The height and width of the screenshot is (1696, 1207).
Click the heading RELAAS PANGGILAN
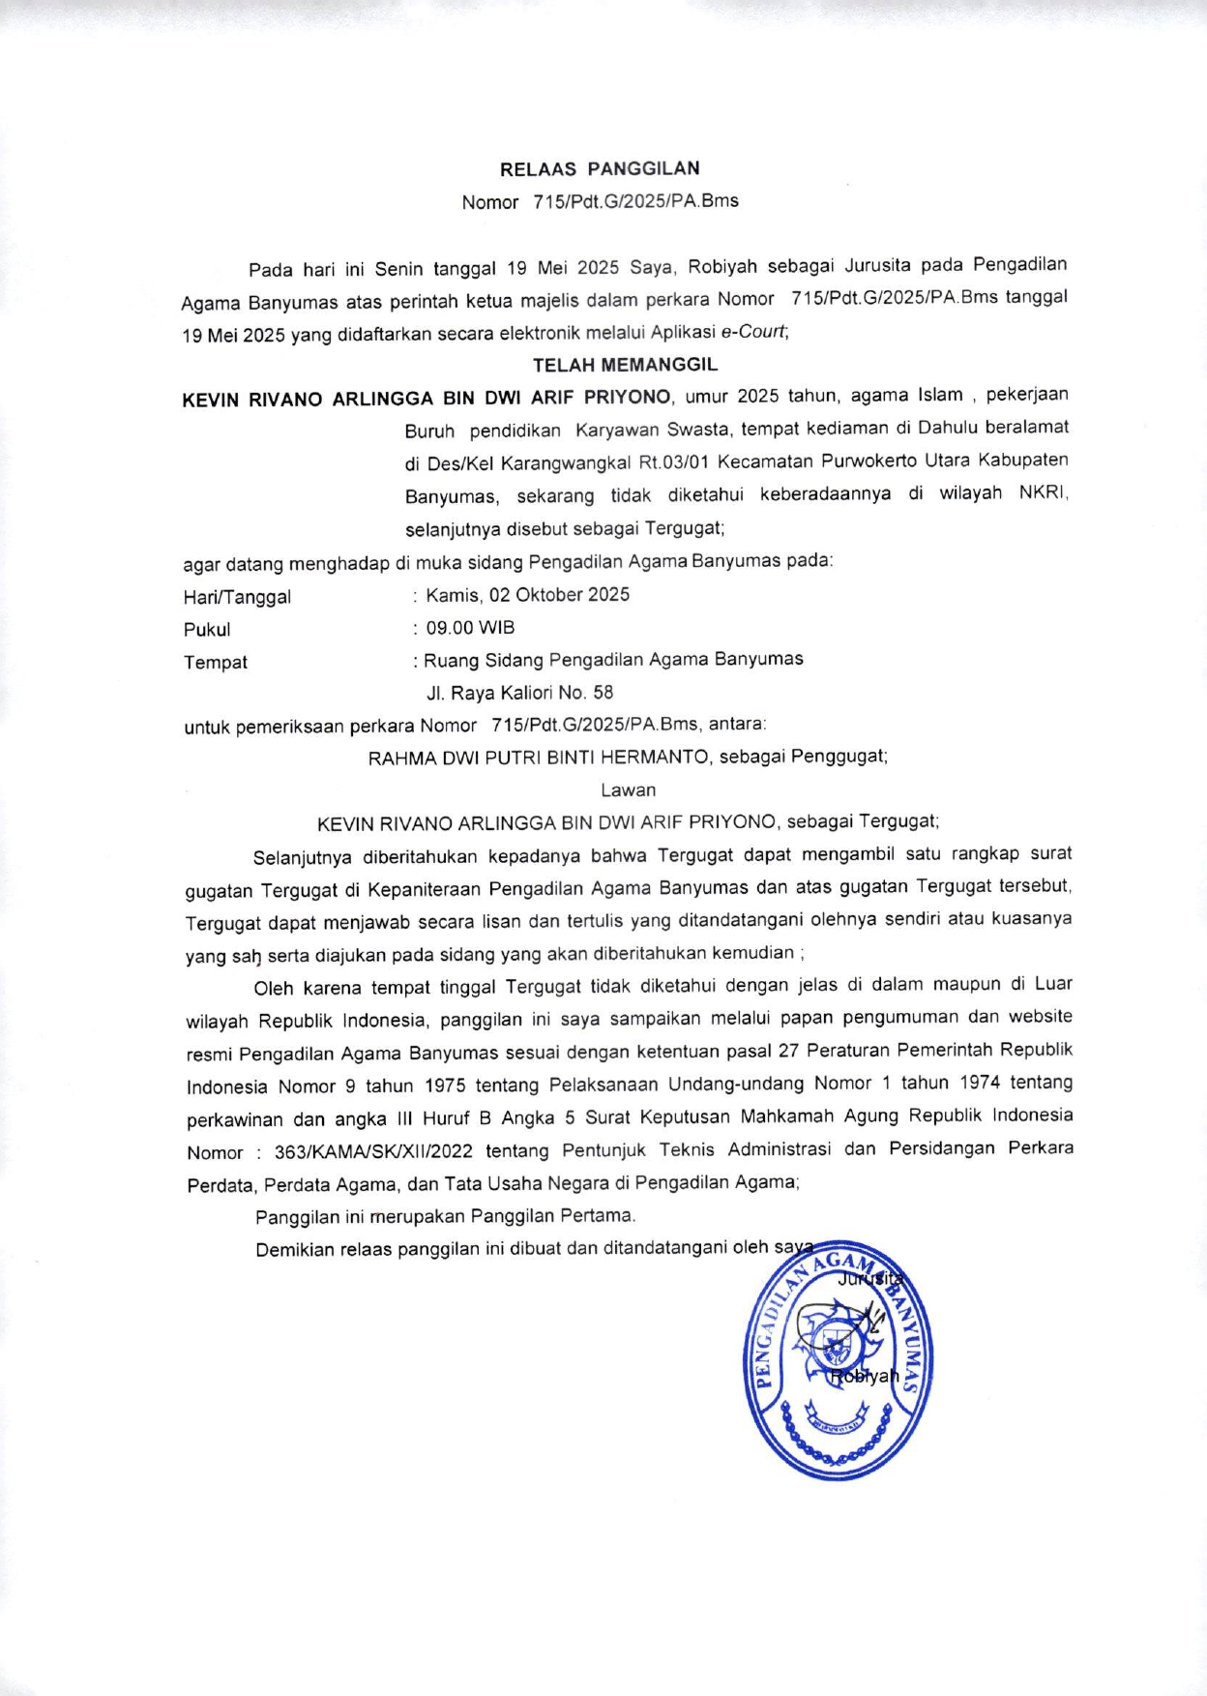click(x=600, y=168)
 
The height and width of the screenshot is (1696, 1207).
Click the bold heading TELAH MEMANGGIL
click(x=625, y=365)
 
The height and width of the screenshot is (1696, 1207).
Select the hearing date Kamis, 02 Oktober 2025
click(x=527, y=595)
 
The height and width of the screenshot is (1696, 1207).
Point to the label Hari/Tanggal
click(x=237, y=597)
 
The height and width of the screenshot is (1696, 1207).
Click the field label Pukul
click(x=207, y=630)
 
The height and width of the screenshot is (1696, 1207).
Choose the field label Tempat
click(x=216, y=663)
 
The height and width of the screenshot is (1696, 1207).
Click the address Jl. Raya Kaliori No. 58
click(x=519, y=693)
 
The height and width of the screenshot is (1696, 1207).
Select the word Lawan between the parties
click(x=628, y=789)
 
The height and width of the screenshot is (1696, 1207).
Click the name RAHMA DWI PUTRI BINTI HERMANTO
click(x=539, y=758)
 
